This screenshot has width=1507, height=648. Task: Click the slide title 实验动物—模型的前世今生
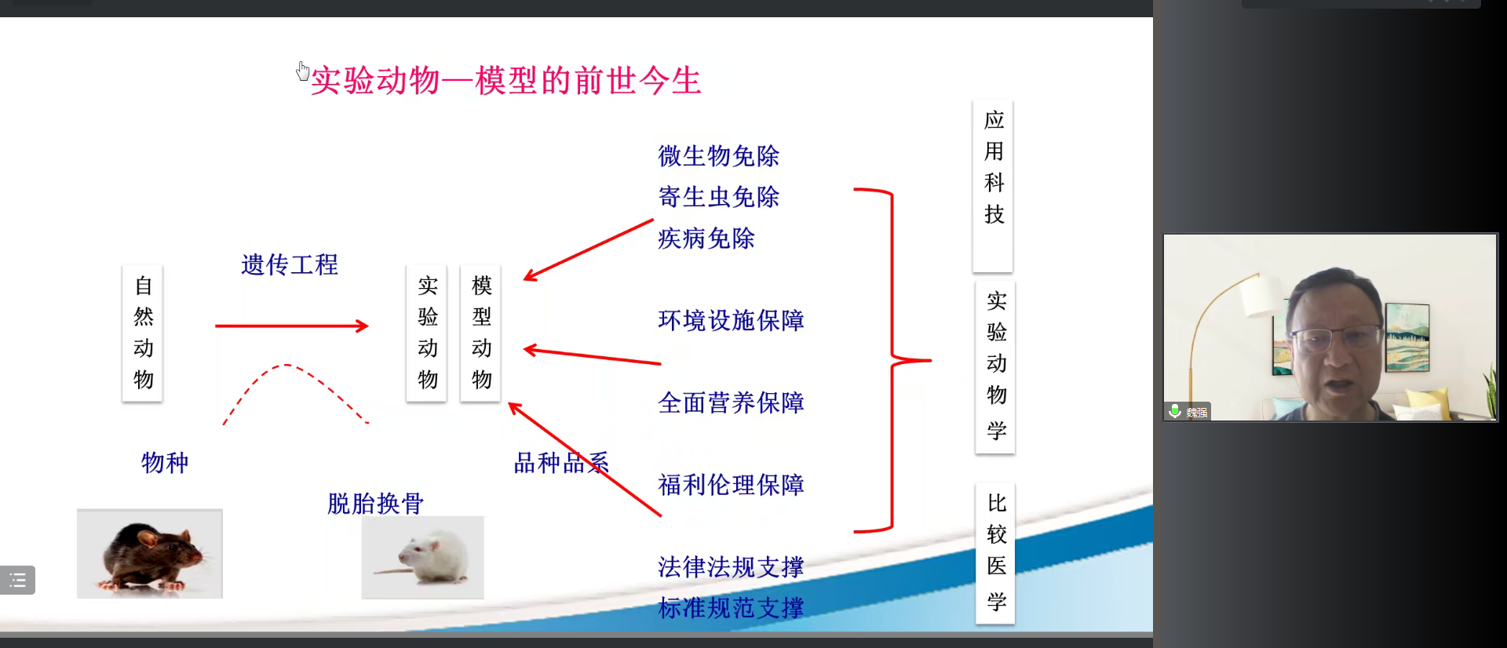pyautogui.click(x=506, y=81)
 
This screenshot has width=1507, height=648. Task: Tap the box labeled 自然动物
pyautogui.click(x=143, y=333)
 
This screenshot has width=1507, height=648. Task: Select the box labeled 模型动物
pyautogui.click(x=481, y=333)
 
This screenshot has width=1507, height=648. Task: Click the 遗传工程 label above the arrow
pyautogui.click(x=290, y=265)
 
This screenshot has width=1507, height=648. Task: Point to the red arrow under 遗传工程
pyautogui.click(x=292, y=326)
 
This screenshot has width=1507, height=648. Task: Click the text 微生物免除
pyautogui.click(x=719, y=156)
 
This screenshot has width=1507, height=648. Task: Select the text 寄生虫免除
pyautogui.click(x=719, y=197)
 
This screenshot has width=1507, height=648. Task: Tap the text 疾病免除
pyautogui.click(x=706, y=238)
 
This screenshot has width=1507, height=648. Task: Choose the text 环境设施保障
pyautogui.click(x=732, y=320)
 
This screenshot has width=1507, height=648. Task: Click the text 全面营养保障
pyautogui.click(x=732, y=402)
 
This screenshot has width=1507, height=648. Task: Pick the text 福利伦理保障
pyautogui.click(x=732, y=485)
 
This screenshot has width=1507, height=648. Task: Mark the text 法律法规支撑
pyautogui.click(x=732, y=566)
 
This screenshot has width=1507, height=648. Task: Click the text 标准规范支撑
pyautogui.click(x=732, y=608)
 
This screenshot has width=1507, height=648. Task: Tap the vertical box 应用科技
pyautogui.click(x=993, y=186)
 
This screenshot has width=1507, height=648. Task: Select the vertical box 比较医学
pyautogui.click(x=995, y=554)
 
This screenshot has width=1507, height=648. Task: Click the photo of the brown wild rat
pyautogui.click(x=150, y=554)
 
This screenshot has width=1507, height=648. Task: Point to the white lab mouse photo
pyautogui.click(x=423, y=557)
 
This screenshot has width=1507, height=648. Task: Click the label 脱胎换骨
pyautogui.click(x=376, y=504)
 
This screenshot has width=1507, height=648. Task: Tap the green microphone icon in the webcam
pyautogui.click(x=1175, y=411)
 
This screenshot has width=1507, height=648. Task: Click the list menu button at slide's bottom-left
pyautogui.click(x=17, y=581)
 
